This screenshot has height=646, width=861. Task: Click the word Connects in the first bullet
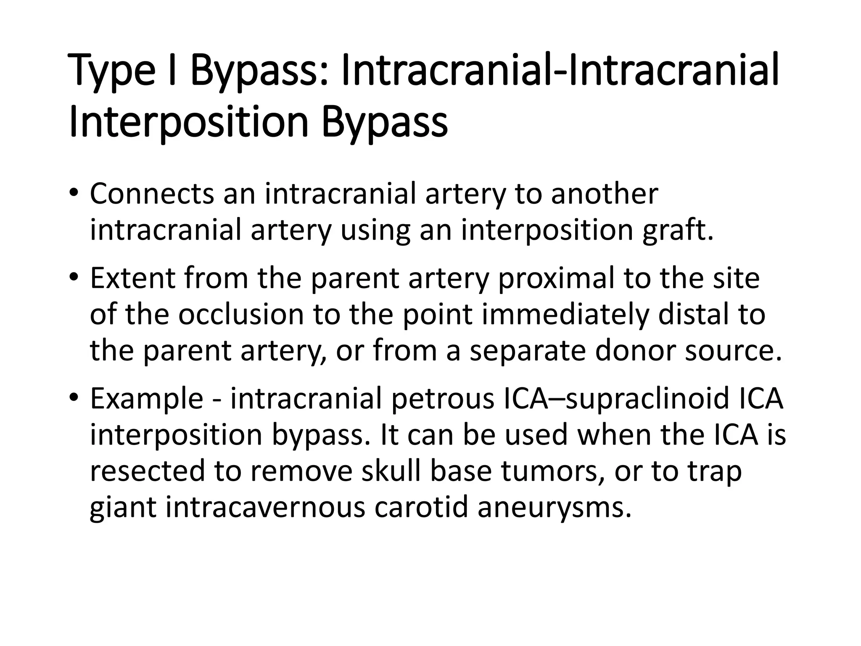(x=152, y=194)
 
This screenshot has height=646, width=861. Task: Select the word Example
(x=147, y=399)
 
